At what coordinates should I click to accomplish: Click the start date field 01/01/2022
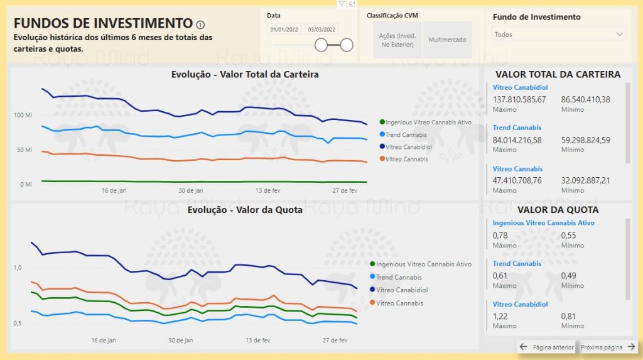coord(284,30)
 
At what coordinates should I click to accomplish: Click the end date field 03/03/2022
coord(320,30)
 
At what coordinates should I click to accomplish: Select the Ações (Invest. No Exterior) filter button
coord(397,40)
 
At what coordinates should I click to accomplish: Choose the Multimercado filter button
coord(447,40)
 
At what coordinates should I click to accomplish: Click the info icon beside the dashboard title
coord(200,25)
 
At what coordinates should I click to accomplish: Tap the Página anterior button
coord(547,347)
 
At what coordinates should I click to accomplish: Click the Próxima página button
coord(608,347)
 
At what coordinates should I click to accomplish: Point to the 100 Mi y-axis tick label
coord(23,116)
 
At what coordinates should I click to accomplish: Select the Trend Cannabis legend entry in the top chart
coord(406,135)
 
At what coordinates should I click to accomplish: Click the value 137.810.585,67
coord(519,100)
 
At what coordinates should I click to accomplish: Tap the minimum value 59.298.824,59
coord(585,140)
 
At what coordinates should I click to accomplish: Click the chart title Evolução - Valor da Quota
coord(245,210)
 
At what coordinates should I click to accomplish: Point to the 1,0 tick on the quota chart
coord(18,268)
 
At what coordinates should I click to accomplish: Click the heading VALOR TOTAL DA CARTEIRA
coord(558,74)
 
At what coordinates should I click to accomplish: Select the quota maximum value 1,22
coord(500,317)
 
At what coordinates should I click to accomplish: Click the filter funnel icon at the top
coord(341,4)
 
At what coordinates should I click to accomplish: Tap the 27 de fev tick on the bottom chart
coord(335,341)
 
